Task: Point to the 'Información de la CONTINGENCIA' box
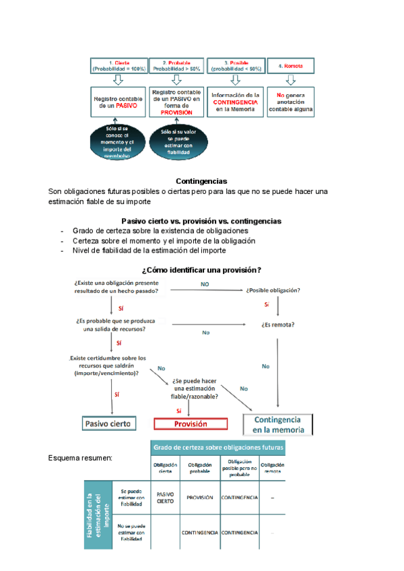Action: [x=235, y=102]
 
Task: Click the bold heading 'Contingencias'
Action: [x=201, y=181]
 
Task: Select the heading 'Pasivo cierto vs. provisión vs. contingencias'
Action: [x=201, y=221]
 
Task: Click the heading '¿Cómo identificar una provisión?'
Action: [x=201, y=270]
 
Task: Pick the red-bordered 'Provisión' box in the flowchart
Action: [x=191, y=424]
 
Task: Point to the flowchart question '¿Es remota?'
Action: [x=277, y=325]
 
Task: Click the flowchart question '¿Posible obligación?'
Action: [x=273, y=290]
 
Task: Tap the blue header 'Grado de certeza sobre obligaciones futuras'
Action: [x=218, y=447]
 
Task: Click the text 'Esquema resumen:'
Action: [x=80, y=459]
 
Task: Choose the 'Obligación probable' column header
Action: [x=199, y=468]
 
